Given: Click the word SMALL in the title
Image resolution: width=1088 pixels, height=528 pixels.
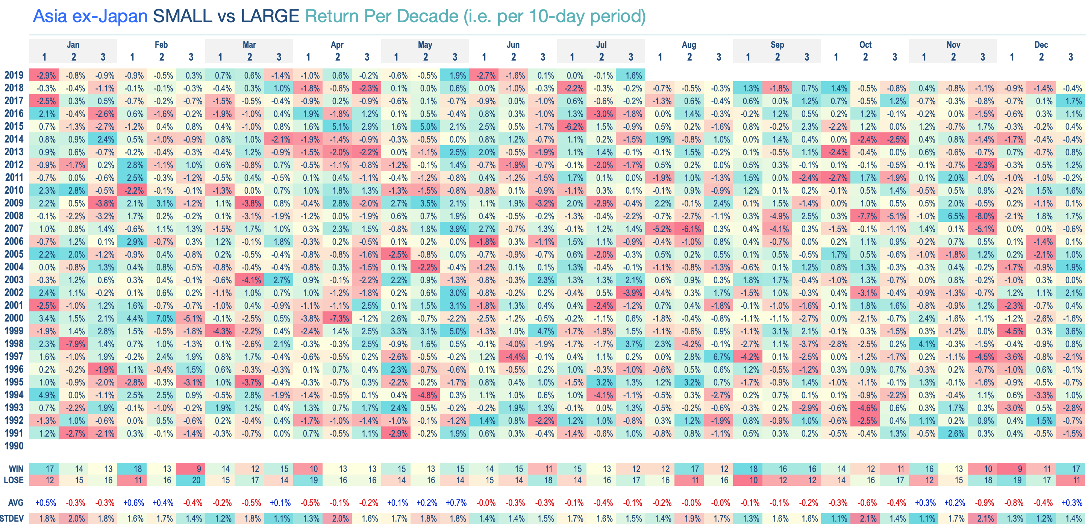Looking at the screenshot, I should (x=182, y=17).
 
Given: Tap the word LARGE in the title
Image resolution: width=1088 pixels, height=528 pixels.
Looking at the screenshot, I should (x=270, y=17).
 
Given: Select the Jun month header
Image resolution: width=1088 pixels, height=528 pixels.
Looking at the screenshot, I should (x=513, y=45).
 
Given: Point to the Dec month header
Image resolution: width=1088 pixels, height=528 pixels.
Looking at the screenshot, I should (x=1041, y=45).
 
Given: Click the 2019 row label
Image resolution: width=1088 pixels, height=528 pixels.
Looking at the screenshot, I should (x=14, y=75).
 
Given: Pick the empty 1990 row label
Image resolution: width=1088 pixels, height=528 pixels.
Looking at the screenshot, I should (x=14, y=446).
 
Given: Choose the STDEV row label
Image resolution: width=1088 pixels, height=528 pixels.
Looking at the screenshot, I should (x=12, y=518).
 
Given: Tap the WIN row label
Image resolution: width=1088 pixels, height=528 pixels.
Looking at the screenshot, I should (x=16, y=469).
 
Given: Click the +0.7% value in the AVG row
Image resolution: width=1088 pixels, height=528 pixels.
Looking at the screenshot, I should (x=456, y=503).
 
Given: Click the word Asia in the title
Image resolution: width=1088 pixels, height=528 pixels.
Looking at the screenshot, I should (x=50, y=17).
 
